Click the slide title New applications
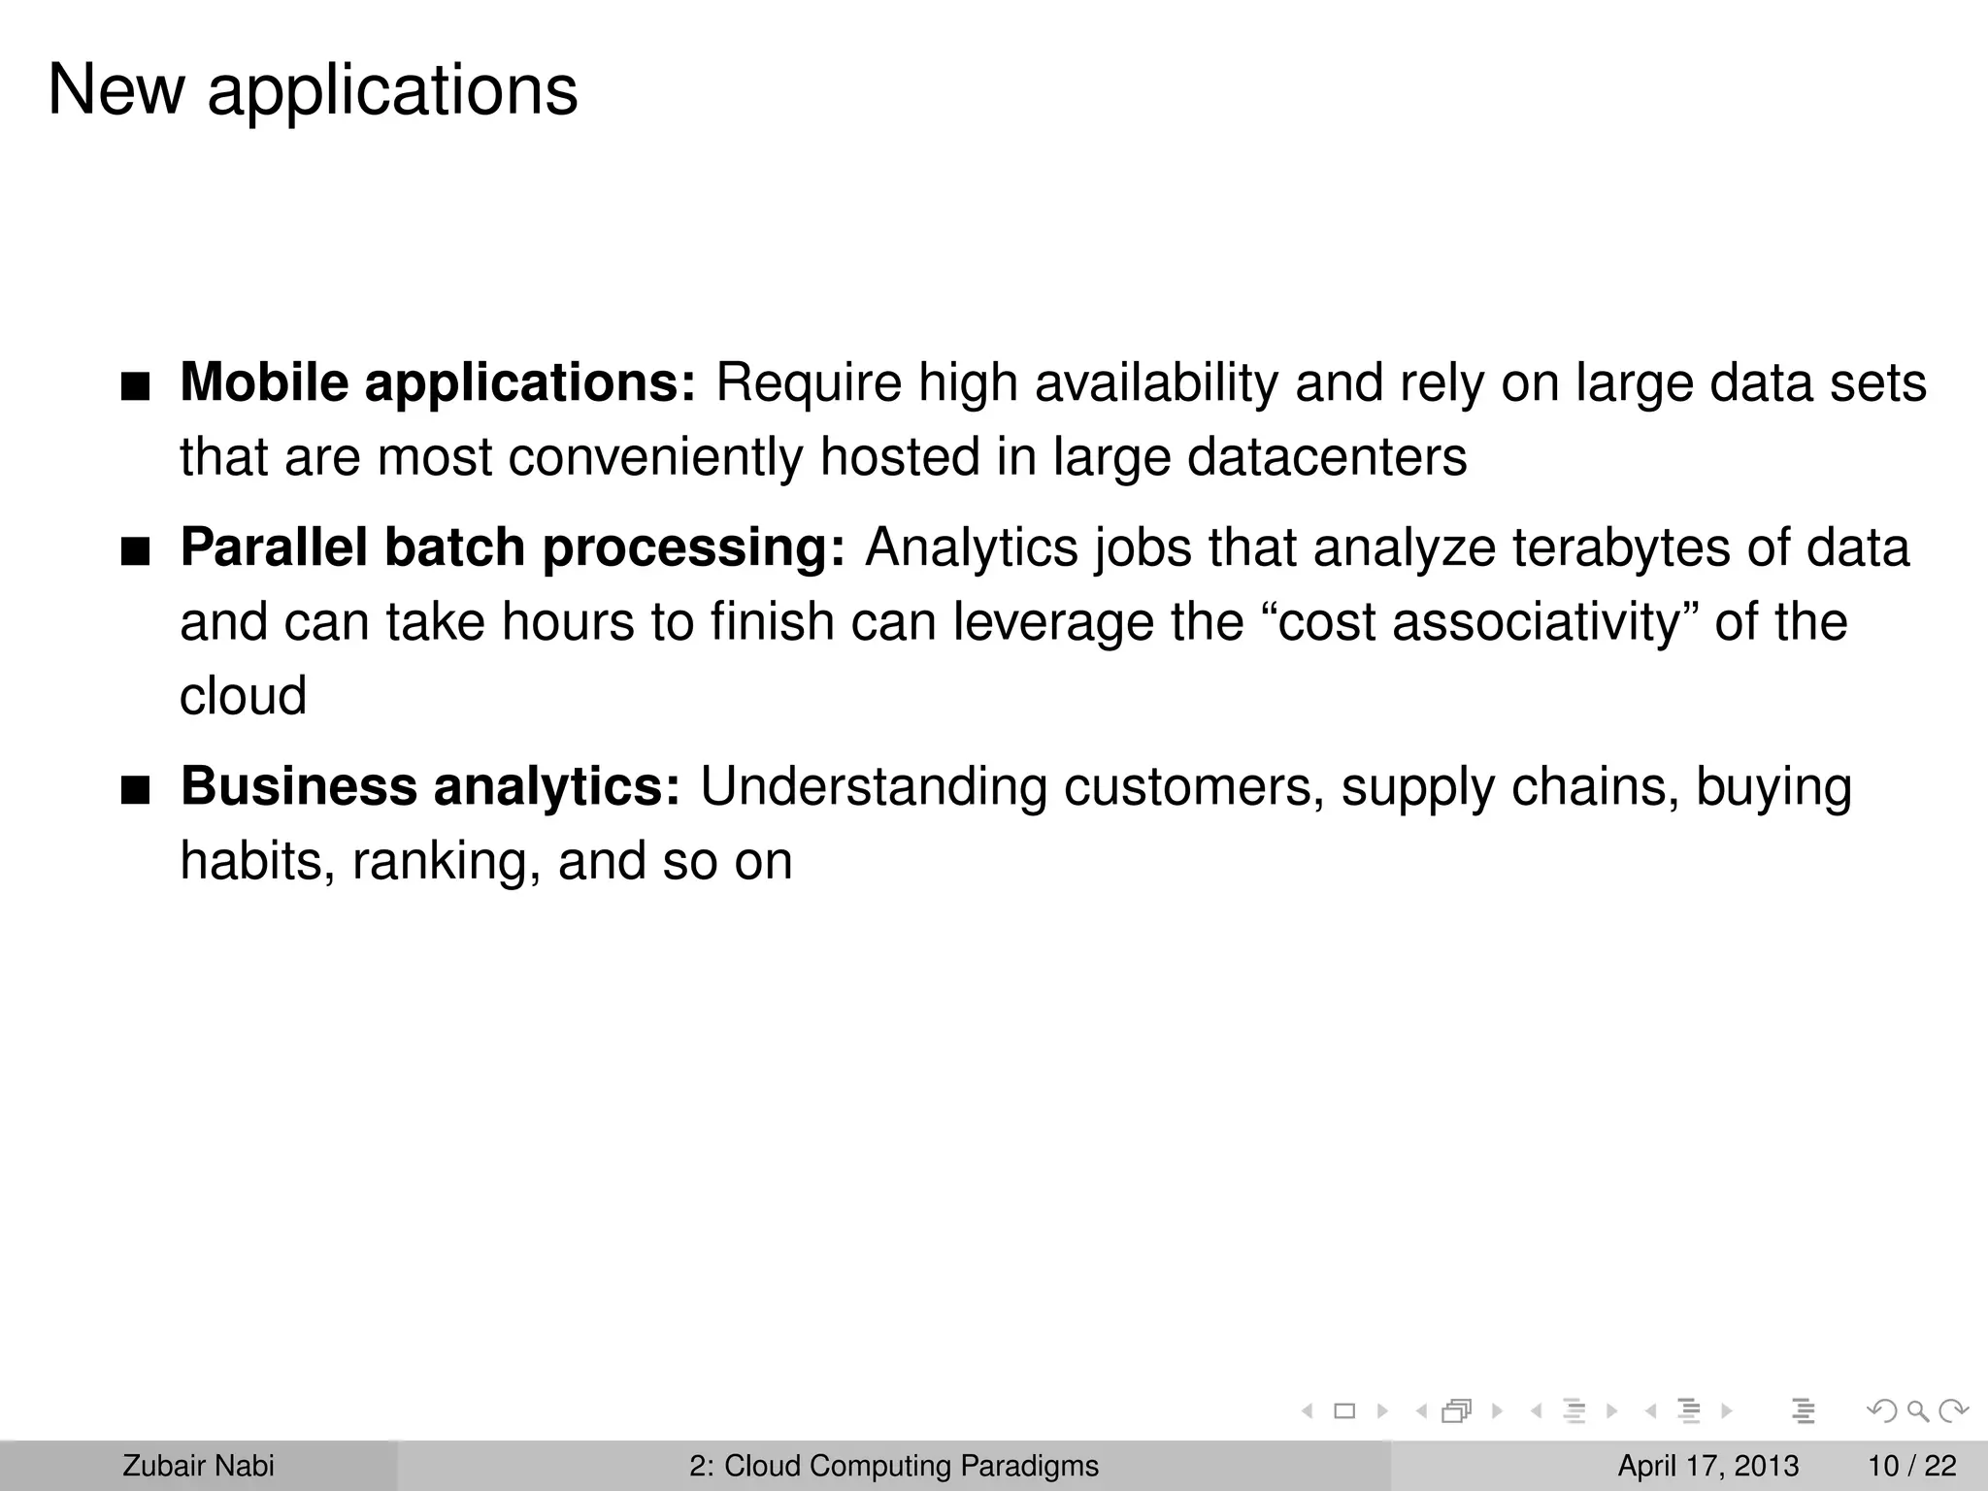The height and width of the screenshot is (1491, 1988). click(x=313, y=90)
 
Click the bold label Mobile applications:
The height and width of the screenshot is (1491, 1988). click(x=438, y=382)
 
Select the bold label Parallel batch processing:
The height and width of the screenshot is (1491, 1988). click(x=513, y=547)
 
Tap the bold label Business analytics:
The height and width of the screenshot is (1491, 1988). click(x=431, y=786)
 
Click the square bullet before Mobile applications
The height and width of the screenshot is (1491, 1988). click(x=136, y=388)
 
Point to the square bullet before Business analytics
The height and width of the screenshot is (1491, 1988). click(x=136, y=792)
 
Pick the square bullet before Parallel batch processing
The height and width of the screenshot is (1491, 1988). click(x=136, y=553)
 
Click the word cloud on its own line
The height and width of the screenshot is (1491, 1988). click(x=243, y=696)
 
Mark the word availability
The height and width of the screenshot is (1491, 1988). click(x=1156, y=382)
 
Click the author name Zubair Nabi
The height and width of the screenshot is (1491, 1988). click(x=198, y=1466)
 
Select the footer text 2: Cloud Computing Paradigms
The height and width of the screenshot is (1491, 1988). click(x=894, y=1466)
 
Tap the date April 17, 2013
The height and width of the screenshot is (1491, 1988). click(x=1707, y=1466)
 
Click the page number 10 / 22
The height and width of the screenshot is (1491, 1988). click(x=1911, y=1466)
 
